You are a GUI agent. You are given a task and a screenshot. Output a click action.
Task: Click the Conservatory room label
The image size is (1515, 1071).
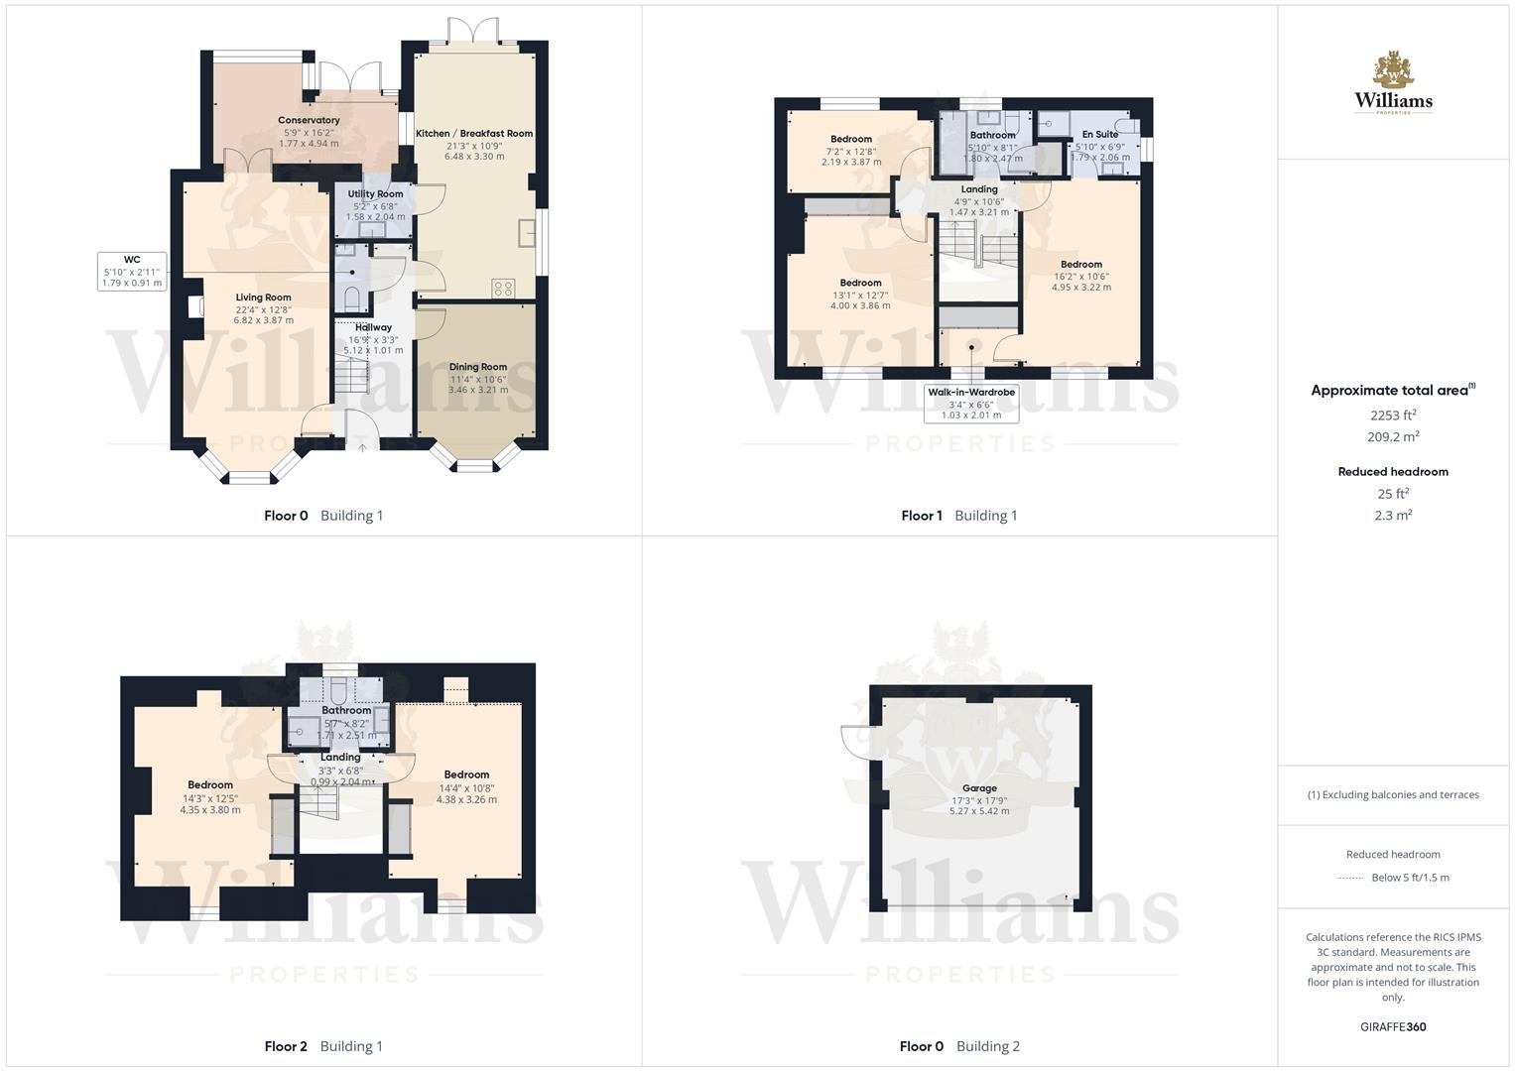point(309,120)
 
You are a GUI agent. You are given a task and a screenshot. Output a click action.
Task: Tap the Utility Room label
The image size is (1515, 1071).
point(375,194)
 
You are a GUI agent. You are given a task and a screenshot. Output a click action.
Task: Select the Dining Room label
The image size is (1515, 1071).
point(478,367)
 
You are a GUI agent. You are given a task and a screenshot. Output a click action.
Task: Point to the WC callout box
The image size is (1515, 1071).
point(132,271)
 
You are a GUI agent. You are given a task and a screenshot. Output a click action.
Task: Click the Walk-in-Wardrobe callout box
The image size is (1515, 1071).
point(971,404)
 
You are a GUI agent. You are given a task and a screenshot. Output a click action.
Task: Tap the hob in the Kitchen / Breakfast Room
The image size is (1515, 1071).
point(503,289)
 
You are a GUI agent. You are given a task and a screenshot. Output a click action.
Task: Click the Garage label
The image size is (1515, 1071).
point(979,788)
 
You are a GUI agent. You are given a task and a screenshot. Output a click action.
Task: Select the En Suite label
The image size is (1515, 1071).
point(1100,135)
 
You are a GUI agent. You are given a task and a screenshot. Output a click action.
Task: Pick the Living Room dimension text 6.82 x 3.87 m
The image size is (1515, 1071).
point(264,320)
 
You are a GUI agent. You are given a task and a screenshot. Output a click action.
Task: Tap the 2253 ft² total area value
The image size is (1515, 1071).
point(1393,416)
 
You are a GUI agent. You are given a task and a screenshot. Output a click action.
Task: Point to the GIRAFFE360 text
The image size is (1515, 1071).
point(1393,1027)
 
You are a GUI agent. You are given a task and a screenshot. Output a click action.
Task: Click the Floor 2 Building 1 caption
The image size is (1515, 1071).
point(323,1046)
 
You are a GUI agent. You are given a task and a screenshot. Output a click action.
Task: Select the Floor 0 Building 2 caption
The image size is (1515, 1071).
point(959,1046)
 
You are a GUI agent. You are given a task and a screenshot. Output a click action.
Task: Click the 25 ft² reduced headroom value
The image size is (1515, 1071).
point(1393,494)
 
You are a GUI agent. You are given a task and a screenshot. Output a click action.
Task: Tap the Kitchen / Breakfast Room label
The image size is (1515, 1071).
point(474,134)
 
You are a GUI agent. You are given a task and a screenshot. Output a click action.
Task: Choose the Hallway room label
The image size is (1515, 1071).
point(373,327)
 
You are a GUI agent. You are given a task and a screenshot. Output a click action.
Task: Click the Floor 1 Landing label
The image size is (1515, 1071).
point(979,189)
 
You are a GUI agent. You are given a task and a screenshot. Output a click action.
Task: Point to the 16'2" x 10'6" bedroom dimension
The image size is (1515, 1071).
point(1081,276)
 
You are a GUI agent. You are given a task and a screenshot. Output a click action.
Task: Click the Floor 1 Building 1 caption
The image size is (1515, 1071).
point(959,516)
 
